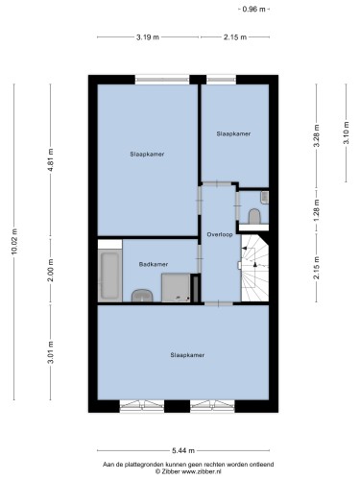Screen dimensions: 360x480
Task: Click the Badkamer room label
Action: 154,264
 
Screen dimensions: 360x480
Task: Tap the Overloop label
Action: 220,234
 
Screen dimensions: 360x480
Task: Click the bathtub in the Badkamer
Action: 109,276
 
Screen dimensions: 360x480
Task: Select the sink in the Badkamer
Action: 142,296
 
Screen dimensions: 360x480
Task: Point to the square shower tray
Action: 176,287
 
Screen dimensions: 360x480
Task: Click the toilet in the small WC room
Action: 254,216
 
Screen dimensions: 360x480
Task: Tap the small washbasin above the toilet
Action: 265,198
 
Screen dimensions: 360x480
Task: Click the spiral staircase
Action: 254,268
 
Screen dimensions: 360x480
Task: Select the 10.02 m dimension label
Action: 14,242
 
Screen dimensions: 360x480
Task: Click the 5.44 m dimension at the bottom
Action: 183,451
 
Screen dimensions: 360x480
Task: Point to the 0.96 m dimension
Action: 254,10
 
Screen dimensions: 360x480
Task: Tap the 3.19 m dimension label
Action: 148,37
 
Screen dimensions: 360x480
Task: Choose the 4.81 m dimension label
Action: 50,160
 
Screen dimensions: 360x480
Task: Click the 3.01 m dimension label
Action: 50,352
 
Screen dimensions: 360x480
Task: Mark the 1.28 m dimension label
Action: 317,210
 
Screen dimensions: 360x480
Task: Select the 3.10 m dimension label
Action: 346,132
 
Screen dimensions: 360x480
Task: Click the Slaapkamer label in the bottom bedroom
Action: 187,355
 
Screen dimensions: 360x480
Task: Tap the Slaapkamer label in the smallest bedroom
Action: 233,133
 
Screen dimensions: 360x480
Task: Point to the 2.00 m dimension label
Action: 50,270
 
